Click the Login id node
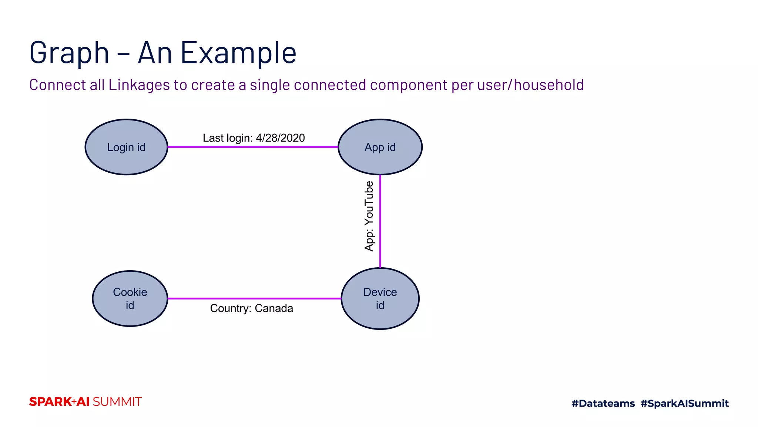click(x=126, y=147)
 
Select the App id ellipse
click(x=380, y=147)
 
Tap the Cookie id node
click(x=130, y=298)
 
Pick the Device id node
click(x=380, y=298)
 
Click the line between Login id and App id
click(x=253, y=147)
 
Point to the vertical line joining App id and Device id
click(x=380, y=221)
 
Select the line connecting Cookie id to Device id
click(x=254, y=298)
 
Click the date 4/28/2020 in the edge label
click(x=280, y=138)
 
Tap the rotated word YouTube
click(x=369, y=203)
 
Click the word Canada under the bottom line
click(x=274, y=308)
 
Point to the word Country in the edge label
click(x=230, y=308)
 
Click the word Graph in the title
click(x=69, y=53)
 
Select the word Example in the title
click(x=238, y=53)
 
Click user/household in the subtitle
click(x=530, y=85)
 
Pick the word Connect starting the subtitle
click(x=57, y=85)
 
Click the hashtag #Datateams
click(x=603, y=403)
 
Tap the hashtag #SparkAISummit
click(x=684, y=403)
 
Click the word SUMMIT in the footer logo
click(x=117, y=402)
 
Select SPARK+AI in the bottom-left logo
click(x=59, y=402)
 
